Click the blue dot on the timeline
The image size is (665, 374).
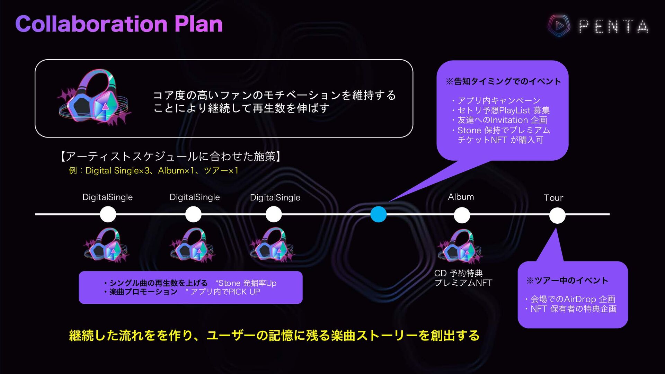click(x=378, y=214)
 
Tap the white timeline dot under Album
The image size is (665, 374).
click(x=462, y=215)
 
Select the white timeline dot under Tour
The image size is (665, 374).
click(x=557, y=215)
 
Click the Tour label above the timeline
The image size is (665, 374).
click(x=553, y=198)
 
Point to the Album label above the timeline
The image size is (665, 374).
click(x=461, y=197)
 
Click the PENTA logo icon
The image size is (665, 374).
click(x=559, y=26)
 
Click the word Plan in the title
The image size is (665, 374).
click(x=198, y=24)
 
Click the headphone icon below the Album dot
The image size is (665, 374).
click(x=460, y=246)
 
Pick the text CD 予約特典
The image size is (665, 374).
click(x=458, y=273)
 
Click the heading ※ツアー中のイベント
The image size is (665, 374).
click(x=567, y=280)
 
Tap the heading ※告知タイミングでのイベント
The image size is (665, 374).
click(x=503, y=81)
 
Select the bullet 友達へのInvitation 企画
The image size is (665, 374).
click(x=502, y=120)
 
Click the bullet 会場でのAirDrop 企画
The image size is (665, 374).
click(x=573, y=299)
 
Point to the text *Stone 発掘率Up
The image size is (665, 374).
click(x=246, y=283)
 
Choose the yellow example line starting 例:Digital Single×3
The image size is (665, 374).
click(x=153, y=171)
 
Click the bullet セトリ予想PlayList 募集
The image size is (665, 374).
click(x=503, y=110)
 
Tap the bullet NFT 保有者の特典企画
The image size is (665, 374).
click(x=573, y=309)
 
